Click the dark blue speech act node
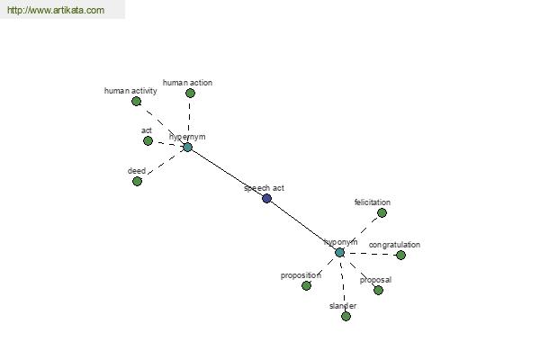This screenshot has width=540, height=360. tap(266, 198)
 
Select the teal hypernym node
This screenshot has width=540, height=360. tap(187, 147)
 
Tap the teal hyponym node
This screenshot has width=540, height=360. tap(339, 252)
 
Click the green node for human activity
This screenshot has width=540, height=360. tap(136, 101)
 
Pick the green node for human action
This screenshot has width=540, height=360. tap(190, 93)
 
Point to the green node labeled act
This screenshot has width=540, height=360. tap(148, 140)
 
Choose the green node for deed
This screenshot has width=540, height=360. tap(137, 181)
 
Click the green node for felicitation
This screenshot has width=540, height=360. tap(382, 212)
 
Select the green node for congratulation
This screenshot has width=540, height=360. tap(400, 255)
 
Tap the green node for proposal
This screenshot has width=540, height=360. tap(378, 290)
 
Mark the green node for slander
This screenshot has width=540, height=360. tap(346, 316)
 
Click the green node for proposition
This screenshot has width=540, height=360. tap(306, 285)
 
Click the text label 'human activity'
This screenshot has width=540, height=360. tap(130, 90)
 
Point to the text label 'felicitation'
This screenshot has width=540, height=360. tap(373, 202)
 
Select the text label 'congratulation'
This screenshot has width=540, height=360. tap(394, 245)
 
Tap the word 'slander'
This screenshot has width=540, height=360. tap(343, 306)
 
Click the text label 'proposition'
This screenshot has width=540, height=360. tap(301, 275)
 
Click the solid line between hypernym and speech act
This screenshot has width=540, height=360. tap(227, 172)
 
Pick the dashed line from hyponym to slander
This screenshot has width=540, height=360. tap(343, 283)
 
